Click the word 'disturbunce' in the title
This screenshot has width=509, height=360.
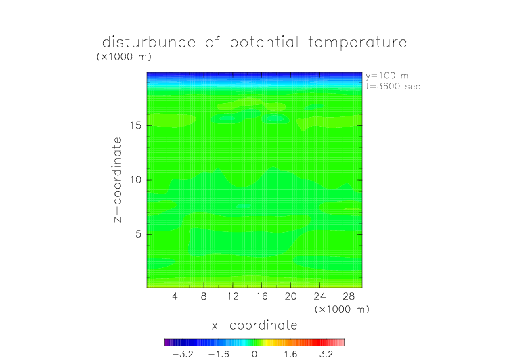(x=149, y=42)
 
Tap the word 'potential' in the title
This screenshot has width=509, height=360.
(x=264, y=43)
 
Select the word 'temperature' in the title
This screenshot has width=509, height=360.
(x=357, y=43)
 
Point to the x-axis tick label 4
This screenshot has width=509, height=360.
(x=175, y=296)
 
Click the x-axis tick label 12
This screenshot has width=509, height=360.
(x=233, y=296)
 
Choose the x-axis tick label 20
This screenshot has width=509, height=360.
(x=290, y=296)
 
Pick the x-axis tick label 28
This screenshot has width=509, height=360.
(x=349, y=296)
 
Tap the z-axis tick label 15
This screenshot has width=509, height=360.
(x=135, y=125)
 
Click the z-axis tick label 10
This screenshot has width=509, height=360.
(x=135, y=180)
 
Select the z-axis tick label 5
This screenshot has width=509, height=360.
(x=139, y=234)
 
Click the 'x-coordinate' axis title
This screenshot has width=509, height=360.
(x=255, y=325)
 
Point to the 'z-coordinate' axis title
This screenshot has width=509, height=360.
(x=118, y=180)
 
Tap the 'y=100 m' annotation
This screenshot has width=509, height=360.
(x=387, y=76)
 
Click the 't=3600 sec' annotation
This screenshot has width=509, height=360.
(x=393, y=87)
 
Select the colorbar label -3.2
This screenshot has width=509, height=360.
(x=183, y=354)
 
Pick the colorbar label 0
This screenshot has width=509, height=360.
(x=255, y=354)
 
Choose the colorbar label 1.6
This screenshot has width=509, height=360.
(x=290, y=354)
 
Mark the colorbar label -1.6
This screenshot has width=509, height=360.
(x=219, y=354)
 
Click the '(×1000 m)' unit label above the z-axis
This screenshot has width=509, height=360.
(x=124, y=57)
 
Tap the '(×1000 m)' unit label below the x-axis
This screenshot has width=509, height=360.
(x=342, y=309)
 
